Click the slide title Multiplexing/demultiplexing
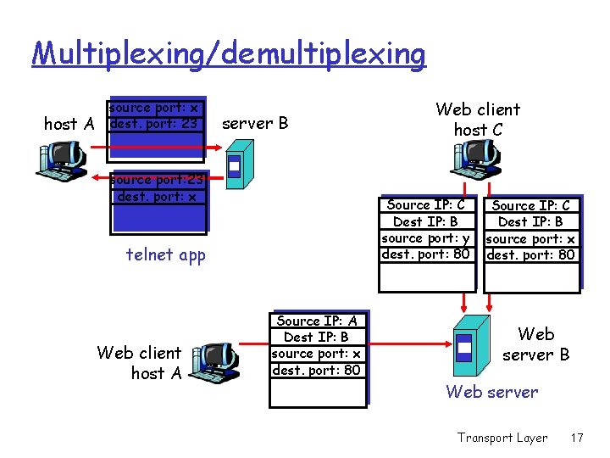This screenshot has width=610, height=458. [x=229, y=53]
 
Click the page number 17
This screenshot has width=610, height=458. [x=577, y=438]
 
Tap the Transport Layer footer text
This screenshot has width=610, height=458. [x=502, y=438]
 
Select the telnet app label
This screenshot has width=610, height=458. [x=165, y=254]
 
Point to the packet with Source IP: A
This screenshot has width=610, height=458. [x=319, y=357]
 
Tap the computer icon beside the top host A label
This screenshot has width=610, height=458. [x=62, y=159]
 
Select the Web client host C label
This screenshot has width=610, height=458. [x=477, y=120]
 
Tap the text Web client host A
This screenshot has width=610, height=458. [x=139, y=362]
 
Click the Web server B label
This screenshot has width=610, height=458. [x=535, y=344]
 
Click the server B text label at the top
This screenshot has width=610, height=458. [x=255, y=123]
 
